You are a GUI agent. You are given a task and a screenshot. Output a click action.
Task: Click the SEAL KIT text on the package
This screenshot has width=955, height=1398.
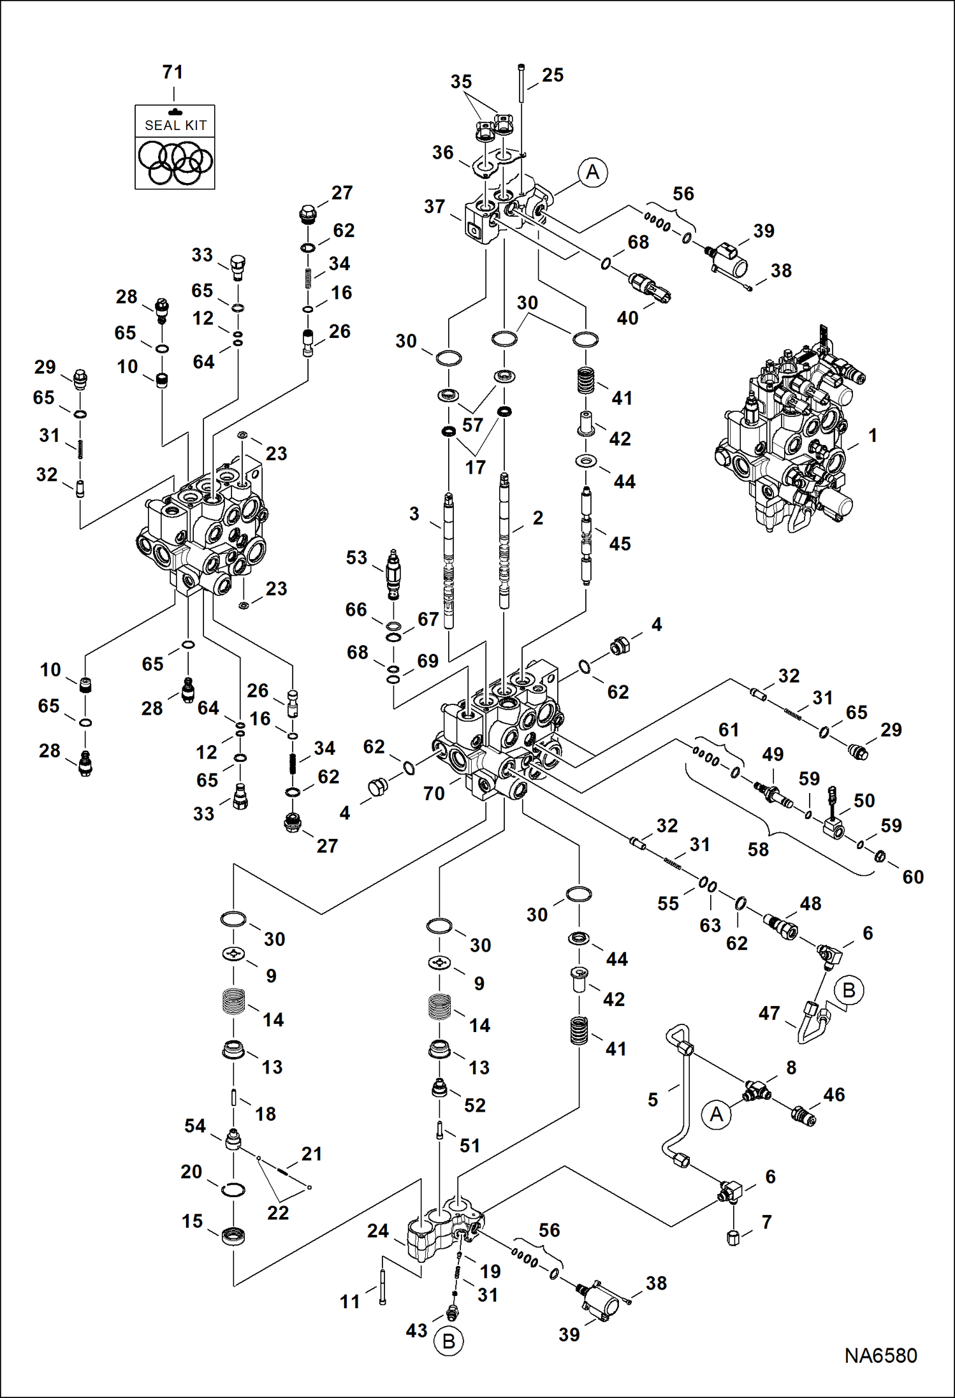point(175,126)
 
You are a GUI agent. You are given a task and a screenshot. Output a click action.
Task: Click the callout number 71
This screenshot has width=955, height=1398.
point(173,72)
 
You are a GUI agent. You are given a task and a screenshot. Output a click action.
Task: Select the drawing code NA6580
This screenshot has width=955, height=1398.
point(880,1355)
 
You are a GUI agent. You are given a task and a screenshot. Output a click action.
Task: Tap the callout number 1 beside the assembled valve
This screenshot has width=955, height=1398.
point(873,435)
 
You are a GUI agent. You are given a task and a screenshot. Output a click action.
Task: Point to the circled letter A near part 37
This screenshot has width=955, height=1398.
point(592,172)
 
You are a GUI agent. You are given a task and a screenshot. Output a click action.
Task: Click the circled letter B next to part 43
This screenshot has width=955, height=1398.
point(448,1341)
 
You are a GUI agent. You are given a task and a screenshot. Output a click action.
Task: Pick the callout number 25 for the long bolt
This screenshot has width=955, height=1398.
point(553,75)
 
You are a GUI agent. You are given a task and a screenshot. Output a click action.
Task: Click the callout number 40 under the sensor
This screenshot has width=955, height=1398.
point(627,317)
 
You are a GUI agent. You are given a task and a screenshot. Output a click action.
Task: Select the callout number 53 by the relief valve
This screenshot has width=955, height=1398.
point(356,558)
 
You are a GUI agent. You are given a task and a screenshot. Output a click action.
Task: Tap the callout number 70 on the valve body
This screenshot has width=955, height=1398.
point(434,793)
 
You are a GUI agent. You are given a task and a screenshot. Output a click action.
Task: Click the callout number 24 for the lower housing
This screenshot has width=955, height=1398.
point(377,1230)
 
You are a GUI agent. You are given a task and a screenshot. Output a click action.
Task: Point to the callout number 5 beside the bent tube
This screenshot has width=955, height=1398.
point(653,1100)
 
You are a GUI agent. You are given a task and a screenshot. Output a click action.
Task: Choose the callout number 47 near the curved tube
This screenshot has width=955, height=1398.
point(769,1013)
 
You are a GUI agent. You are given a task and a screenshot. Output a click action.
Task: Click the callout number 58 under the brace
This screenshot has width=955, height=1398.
point(758,849)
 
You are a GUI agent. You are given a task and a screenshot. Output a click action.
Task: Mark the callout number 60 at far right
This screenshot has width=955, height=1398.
point(913,877)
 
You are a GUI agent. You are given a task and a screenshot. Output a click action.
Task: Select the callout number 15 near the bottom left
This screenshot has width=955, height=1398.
point(192,1221)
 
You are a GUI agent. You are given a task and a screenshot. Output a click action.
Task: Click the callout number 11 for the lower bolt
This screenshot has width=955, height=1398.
point(349,1302)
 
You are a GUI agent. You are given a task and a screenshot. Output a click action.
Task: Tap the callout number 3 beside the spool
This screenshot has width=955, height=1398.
point(414,514)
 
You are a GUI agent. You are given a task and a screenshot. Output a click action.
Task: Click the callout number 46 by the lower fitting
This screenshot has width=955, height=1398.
point(834,1095)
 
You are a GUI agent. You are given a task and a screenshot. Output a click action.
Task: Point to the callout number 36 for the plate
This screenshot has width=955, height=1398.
point(442,152)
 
